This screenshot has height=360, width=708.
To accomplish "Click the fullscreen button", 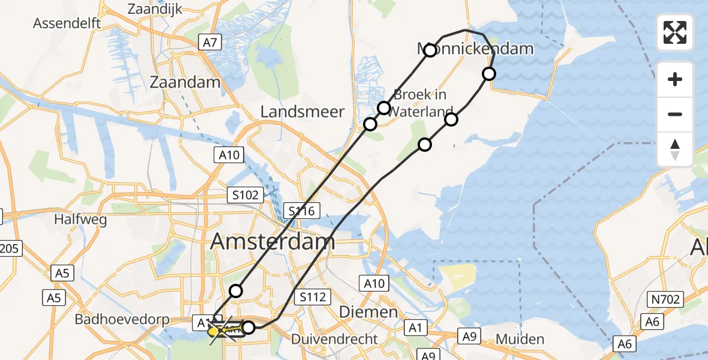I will pyautogui.click(x=675, y=32).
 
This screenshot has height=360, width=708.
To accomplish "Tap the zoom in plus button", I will pyautogui.click(x=675, y=79).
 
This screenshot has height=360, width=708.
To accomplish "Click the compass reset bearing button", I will pyautogui.click(x=675, y=149).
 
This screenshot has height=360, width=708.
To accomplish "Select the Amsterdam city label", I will pyautogui.click(x=272, y=242).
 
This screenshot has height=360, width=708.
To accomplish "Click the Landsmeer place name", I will pyautogui.click(x=303, y=111).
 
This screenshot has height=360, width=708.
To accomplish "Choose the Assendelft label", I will pyautogui.click(x=67, y=23).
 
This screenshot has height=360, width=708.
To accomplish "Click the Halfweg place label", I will pyautogui.click(x=80, y=219).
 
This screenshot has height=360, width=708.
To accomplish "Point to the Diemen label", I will pyautogui.click(x=369, y=312).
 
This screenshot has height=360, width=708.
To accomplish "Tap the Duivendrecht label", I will pyautogui.click(x=335, y=339).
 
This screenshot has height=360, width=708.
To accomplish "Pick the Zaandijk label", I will pyautogui.click(x=155, y=8).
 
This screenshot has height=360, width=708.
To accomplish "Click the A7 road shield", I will pyautogui.click(x=211, y=42).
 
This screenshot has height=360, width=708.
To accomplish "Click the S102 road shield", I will pyautogui.click(x=246, y=195).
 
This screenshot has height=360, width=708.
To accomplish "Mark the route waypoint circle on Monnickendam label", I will pyautogui.click(x=430, y=50).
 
